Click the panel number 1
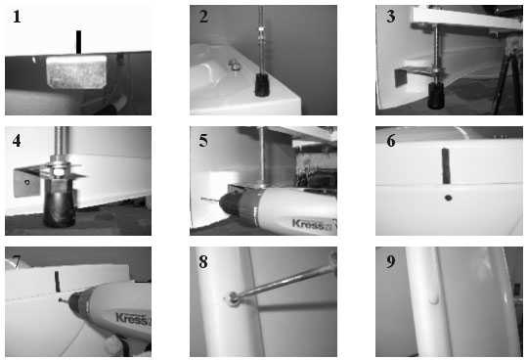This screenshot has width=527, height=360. tap(17, 17)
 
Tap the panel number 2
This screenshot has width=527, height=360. tap(203, 17)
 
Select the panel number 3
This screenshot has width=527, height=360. tap(390, 17)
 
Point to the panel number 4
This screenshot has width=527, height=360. tap(17, 141)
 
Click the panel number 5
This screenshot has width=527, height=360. tap(203, 141)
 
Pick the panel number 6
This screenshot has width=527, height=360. tap(390, 141)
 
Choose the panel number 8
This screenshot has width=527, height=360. tap(203, 261)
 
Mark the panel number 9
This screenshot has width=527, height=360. tap(390, 261)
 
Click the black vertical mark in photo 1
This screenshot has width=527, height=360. tap(78, 42)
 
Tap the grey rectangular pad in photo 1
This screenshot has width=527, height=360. tap(76, 72)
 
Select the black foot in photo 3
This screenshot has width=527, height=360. tap(436, 96)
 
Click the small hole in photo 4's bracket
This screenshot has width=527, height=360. tap(27, 183)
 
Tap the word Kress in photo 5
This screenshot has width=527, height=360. tap(308, 224)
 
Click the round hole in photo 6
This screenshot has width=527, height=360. tap(448, 198)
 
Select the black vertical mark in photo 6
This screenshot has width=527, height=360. tap(446, 166)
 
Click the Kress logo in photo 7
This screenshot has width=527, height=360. tap(133, 318)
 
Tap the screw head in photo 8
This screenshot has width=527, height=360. tap(233, 296)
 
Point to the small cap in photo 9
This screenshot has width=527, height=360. tap(434, 299)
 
